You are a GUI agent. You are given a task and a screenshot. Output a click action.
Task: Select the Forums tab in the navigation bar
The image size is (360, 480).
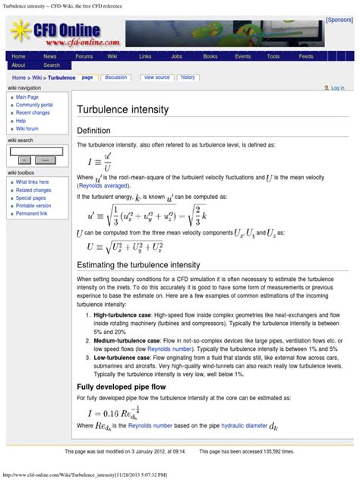pyautogui.click(x=84, y=56)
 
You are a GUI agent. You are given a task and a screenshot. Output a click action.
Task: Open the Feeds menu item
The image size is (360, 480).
pyautogui.click(x=306, y=56)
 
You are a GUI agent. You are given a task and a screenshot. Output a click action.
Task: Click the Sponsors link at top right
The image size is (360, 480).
pyautogui.click(x=339, y=20)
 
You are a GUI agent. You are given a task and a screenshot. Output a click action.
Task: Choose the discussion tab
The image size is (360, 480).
pyautogui.click(x=116, y=77)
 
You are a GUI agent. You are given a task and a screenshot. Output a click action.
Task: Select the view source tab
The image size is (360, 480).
pyautogui.click(x=156, y=77)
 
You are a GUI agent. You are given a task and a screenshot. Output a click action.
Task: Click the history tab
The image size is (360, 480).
pyautogui.click(x=188, y=77)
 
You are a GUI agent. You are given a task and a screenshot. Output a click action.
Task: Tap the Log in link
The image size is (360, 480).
pyautogui.click(x=337, y=88)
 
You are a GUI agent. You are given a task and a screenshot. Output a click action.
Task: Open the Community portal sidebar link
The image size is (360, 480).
pyautogui.click(x=34, y=105)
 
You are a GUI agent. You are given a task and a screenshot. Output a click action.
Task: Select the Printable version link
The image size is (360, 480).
pyautogui.click(x=33, y=206)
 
